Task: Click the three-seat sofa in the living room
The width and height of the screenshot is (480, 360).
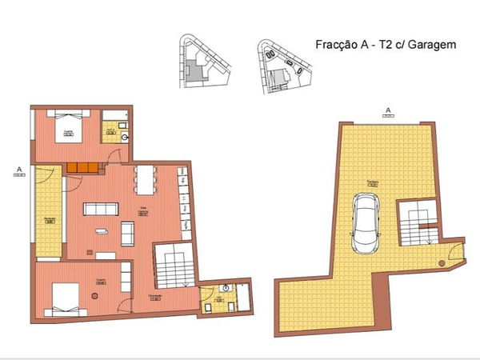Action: (100, 210)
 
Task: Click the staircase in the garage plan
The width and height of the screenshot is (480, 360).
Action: (417, 226)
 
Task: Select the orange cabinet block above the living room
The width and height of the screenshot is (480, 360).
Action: (82, 166)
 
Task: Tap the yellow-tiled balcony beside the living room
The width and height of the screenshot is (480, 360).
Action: (48, 212)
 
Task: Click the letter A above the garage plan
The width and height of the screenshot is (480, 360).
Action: (387, 110)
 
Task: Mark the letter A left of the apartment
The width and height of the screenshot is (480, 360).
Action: (18, 170)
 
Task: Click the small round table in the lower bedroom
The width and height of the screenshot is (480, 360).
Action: (95, 296)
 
